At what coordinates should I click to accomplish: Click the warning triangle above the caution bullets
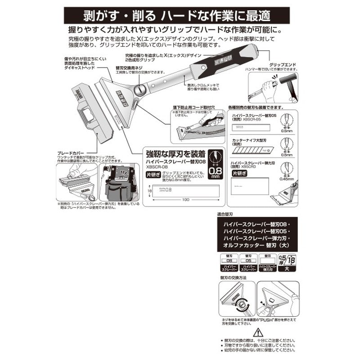256,332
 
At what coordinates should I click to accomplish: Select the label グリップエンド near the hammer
283,65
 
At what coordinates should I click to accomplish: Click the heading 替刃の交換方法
233,278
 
